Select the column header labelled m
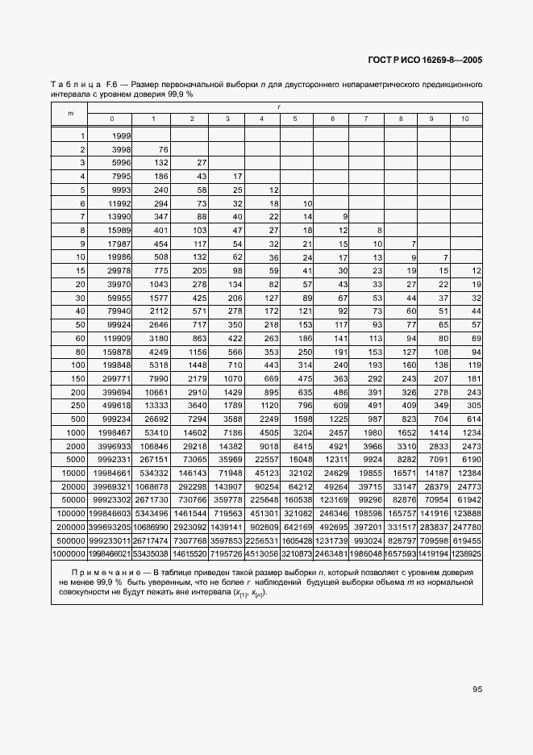tap(70, 113)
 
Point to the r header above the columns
tap(278, 106)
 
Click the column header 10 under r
tap(465, 119)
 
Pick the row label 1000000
tap(69, 556)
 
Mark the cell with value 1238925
tap(466, 556)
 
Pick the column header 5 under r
tap(295, 119)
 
